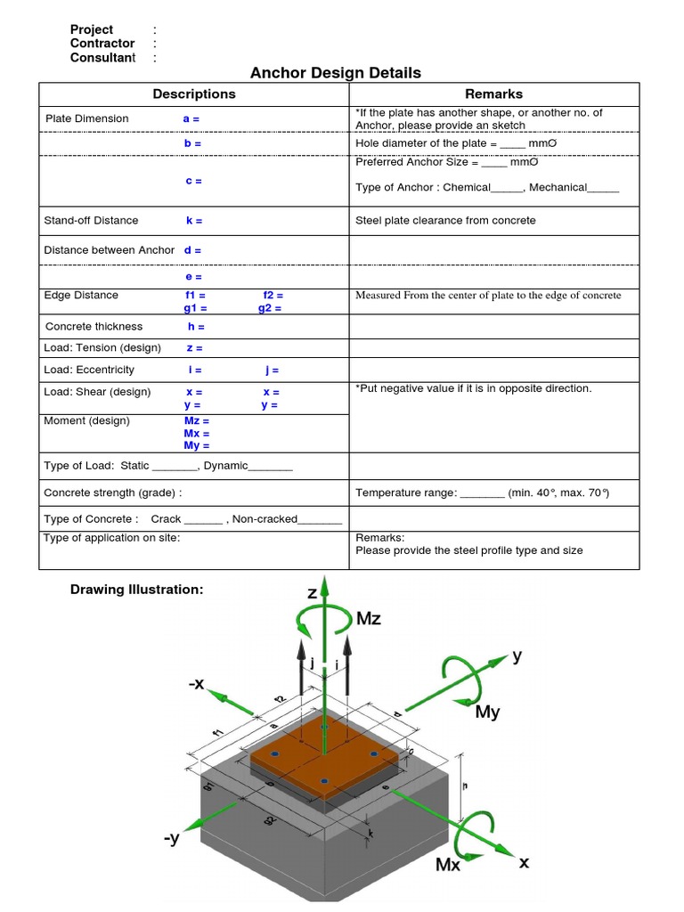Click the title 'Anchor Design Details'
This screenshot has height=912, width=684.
click(x=335, y=72)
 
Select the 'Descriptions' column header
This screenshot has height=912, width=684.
click(x=194, y=94)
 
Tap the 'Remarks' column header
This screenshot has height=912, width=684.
click(x=493, y=94)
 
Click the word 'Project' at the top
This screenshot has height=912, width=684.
click(x=92, y=29)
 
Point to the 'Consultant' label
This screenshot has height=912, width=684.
click(x=102, y=58)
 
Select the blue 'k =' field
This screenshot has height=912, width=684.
click(x=193, y=220)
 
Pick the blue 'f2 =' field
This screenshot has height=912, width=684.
click(x=273, y=295)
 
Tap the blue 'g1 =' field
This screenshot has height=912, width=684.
click(x=195, y=308)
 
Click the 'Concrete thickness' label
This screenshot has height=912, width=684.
click(x=94, y=327)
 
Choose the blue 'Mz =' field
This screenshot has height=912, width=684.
click(x=197, y=421)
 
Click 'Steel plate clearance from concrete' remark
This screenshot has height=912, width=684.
click(x=445, y=220)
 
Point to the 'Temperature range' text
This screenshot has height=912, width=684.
click(x=405, y=493)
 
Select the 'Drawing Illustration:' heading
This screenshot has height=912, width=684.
click(x=136, y=590)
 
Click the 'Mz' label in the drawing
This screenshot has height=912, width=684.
click(x=368, y=619)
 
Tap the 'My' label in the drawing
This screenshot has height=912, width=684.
click(x=487, y=712)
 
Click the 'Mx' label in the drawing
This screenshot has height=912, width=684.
click(x=447, y=864)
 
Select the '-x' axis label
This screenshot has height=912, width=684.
click(x=196, y=684)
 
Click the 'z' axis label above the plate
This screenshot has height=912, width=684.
click(x=313, y=592)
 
